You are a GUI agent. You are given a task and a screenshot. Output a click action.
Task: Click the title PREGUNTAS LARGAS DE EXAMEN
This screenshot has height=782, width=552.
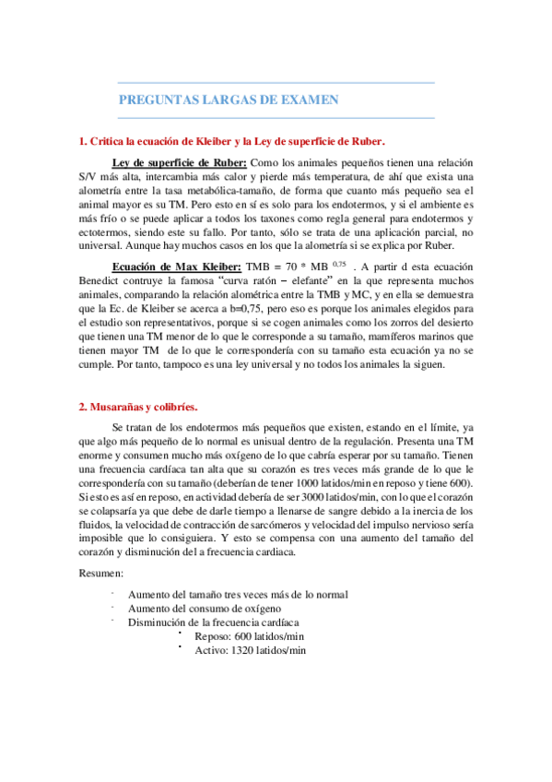point(229,100)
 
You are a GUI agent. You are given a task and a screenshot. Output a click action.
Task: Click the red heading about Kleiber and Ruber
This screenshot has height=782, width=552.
point(230,141)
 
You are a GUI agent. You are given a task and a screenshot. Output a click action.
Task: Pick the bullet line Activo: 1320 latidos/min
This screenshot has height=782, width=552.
point(250,650)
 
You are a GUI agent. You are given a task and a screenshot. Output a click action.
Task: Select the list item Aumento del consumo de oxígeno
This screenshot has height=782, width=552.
point(205,609)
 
